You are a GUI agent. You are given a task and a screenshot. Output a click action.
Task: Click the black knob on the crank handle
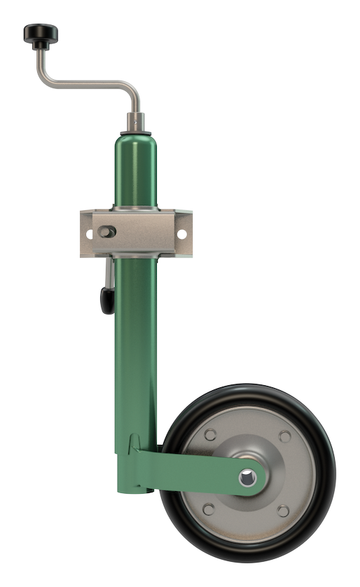41,32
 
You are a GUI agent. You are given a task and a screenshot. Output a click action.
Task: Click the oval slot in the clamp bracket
107,230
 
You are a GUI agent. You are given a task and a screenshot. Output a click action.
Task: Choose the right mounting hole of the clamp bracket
182,233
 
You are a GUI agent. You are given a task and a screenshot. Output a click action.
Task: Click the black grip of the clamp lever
106,299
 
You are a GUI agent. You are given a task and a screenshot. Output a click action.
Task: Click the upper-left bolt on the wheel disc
210,436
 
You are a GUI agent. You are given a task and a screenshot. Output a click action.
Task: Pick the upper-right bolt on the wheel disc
285,436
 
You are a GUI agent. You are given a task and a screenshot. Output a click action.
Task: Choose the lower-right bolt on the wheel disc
284,511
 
